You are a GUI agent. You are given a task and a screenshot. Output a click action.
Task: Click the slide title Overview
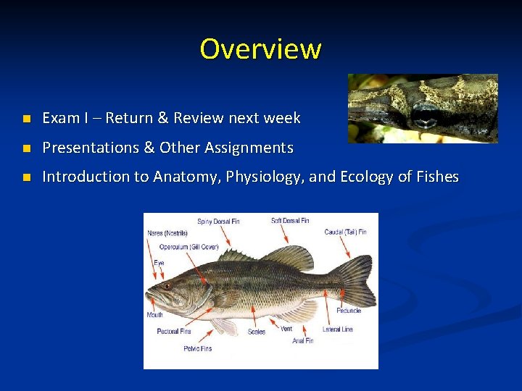tap(260, 49)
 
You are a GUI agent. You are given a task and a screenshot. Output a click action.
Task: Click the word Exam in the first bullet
tap(59, 118)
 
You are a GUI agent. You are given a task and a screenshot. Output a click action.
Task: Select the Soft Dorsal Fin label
tap(290, 221)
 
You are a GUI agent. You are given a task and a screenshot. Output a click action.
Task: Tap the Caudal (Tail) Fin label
tap(345, 232)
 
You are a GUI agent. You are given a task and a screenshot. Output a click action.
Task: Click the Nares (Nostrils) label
tap(167, 233)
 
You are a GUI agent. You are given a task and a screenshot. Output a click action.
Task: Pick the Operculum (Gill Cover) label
tap(188, 247)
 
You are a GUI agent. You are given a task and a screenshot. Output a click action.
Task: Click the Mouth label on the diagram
tap(154, 315)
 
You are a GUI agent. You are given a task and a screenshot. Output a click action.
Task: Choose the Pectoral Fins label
tap(174, 332)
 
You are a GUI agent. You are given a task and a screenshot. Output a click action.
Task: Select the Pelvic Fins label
tap(197, 348)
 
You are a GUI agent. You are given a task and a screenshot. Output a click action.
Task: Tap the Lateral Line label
tap(338, 329)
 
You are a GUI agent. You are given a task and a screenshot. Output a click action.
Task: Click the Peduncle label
tap(349, 311)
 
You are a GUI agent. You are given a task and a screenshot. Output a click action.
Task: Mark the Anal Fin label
tap(303, 340)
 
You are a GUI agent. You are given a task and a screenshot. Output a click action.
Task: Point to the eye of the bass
tap(167, 285)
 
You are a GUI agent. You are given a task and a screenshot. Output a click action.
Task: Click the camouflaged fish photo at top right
tap(423, 108)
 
